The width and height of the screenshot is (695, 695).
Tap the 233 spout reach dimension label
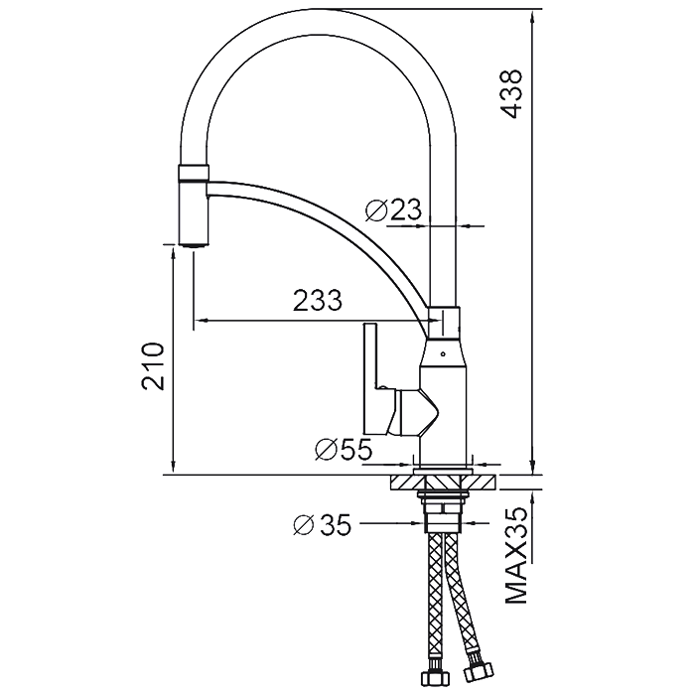tap(318, 300)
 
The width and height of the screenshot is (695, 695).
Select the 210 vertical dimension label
tap(153, 366)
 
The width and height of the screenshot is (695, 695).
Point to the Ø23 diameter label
tap(393, 209)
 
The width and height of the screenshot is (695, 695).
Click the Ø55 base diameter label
tap(344, 450)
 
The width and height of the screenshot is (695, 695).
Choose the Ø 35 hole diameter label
tap(323, 525)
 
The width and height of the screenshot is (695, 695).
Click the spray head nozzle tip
tap(194, 245)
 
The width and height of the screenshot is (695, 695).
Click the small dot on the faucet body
tap(443, 353)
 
